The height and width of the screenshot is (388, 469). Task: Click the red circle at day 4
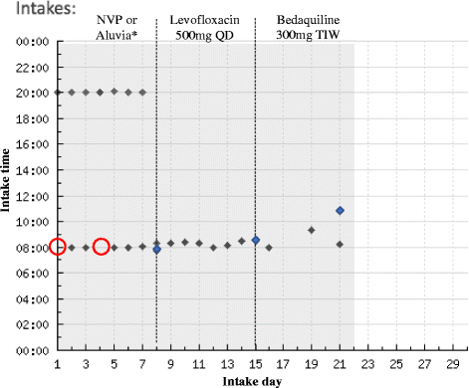101,247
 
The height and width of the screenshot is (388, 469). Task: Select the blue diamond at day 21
340,211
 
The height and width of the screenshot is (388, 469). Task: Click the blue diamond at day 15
256,240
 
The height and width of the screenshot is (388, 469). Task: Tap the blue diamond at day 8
156,249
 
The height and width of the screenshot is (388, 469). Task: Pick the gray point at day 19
312,230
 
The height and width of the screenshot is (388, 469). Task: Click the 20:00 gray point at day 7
142,93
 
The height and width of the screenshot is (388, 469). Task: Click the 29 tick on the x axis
453,364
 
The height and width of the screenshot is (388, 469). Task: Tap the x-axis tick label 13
227,364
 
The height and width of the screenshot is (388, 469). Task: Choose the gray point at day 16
269,248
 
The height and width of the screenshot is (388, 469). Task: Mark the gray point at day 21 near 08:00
340,244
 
